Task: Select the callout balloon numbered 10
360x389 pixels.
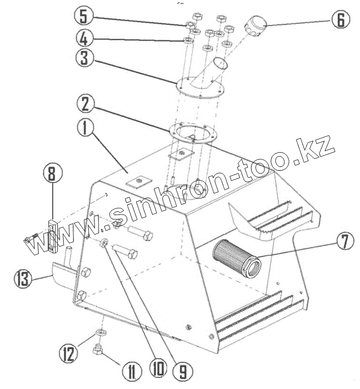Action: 157,368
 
